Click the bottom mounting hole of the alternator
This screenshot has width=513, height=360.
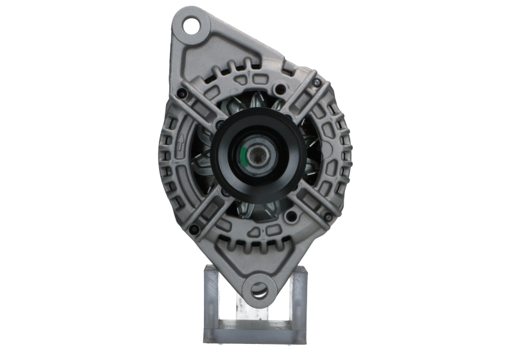click(258, 289)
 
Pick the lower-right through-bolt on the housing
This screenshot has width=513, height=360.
click(328, 218)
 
